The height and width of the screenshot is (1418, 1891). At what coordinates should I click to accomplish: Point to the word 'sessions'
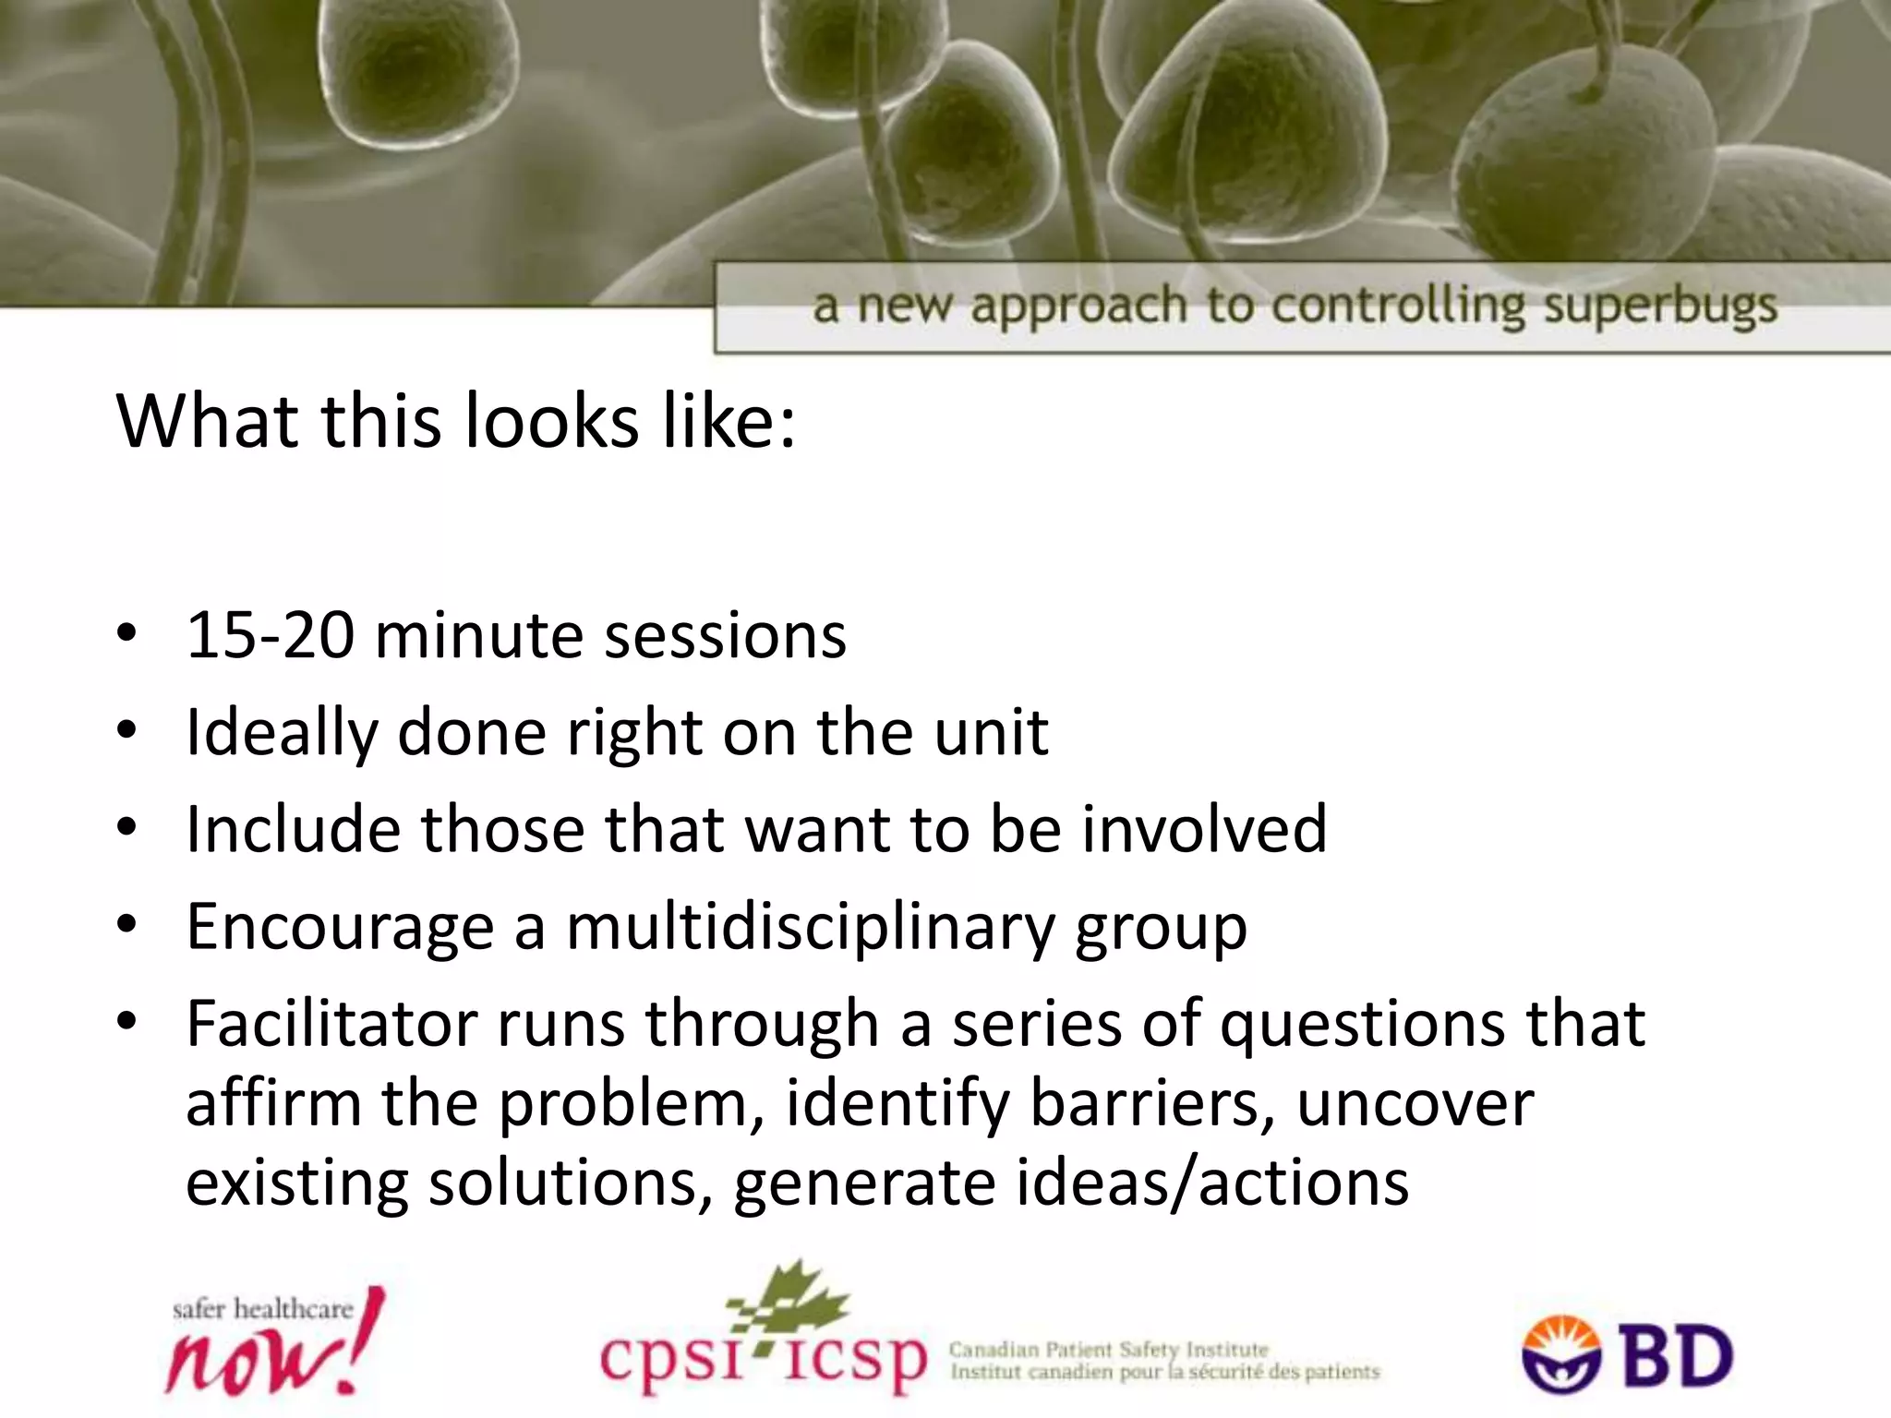[x=725, y=637]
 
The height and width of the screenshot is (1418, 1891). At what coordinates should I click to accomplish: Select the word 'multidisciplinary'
[x=810, y=927]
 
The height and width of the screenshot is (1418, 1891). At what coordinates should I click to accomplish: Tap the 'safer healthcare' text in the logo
[x=263, y=1309]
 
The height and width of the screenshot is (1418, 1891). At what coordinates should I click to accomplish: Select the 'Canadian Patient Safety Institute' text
[x=1108, y=1350]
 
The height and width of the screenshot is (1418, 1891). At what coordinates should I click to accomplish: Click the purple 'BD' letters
[x=1678, y=1356]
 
